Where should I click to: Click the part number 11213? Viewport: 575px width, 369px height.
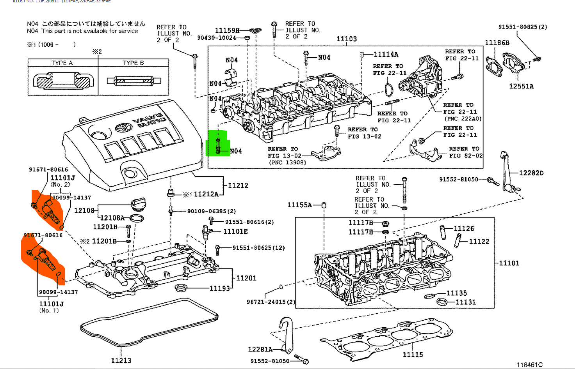tap(121, 360)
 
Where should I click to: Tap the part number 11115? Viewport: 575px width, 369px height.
tap(413, 355)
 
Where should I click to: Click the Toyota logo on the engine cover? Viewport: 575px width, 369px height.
tap(124, 127)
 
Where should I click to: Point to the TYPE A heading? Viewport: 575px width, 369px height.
tap(62, 63)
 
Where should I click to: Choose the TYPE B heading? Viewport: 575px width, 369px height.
tap(133, 63)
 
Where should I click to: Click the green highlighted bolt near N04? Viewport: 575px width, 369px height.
tap(218, 146)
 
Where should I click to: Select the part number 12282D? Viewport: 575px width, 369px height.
tap(531, 173)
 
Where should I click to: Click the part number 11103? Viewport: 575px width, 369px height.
tap(346, 39)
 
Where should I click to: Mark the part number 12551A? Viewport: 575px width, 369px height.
tap(521, 86)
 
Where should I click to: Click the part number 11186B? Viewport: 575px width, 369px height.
tap(497, 43)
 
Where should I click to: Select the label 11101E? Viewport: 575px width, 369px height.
tap(235, 231)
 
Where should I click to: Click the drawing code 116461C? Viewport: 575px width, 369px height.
tap(529, 365)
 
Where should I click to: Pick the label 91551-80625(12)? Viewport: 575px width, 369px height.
tap(258, 248)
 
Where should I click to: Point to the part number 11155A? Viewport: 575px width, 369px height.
tap(299, 205)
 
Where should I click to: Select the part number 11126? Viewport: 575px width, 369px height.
tap(463, 229)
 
